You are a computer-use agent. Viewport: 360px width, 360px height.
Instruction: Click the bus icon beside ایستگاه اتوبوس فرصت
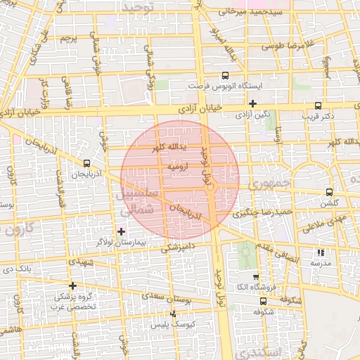coord(225,75)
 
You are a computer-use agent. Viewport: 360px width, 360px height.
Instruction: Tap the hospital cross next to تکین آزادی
coord(252,103)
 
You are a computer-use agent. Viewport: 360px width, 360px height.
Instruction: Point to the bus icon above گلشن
coord(328,192)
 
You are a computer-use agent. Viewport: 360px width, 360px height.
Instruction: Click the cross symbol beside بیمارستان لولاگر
coord(121,231)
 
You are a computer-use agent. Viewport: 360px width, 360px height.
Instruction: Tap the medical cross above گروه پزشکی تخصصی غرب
coord(72,285)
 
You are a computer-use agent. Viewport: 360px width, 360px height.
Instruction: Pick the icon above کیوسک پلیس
coord(172,314)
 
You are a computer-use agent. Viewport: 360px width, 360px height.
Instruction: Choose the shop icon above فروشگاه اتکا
coord(255,276)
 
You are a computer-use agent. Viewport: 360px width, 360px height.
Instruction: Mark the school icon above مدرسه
coord(321,252)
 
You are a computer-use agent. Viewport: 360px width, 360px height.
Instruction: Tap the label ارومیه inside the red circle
coord(179,168)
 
